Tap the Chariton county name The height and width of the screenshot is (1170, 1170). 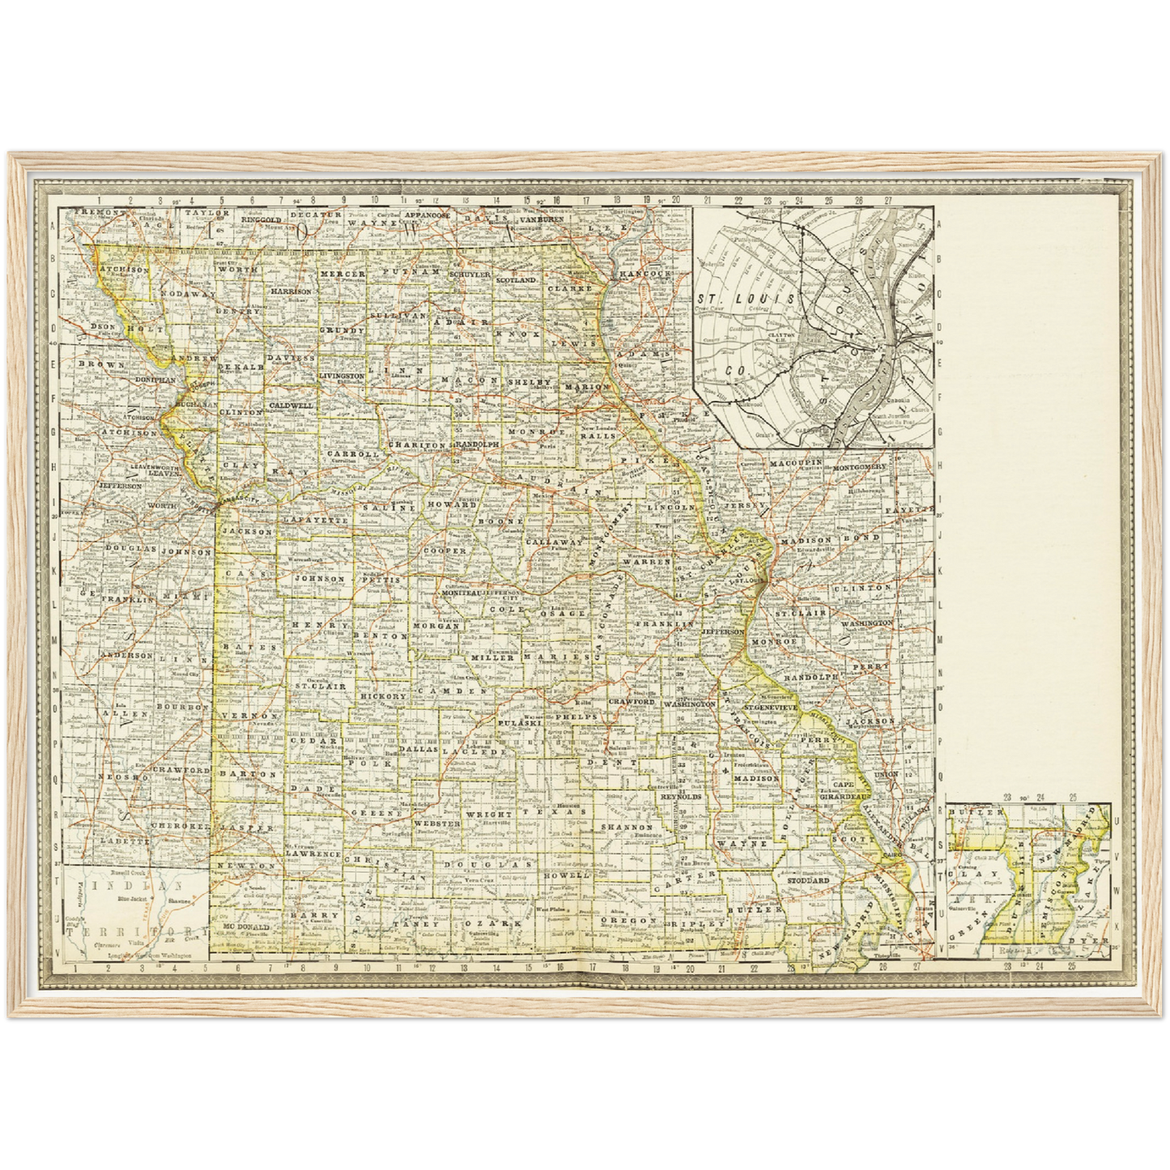coord(416,445)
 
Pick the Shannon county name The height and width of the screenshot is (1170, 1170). coord(627,828)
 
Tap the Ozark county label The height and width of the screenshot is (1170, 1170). coord(497,923)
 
